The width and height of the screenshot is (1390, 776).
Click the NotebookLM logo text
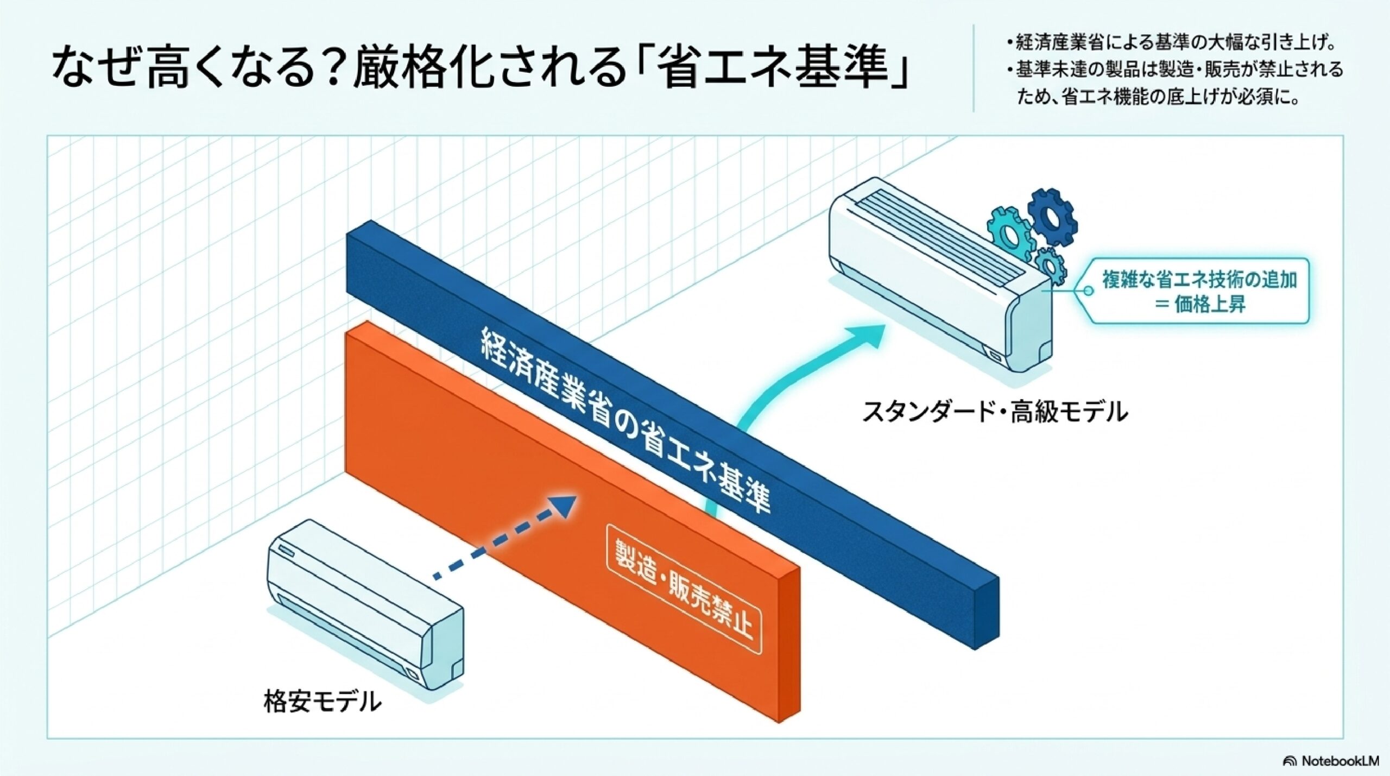point(1336,761)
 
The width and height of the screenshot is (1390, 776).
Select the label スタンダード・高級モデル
point(995,411)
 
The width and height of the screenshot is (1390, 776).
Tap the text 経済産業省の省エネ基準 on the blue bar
point(624,429)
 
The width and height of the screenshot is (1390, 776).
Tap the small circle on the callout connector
point(1088,291)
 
